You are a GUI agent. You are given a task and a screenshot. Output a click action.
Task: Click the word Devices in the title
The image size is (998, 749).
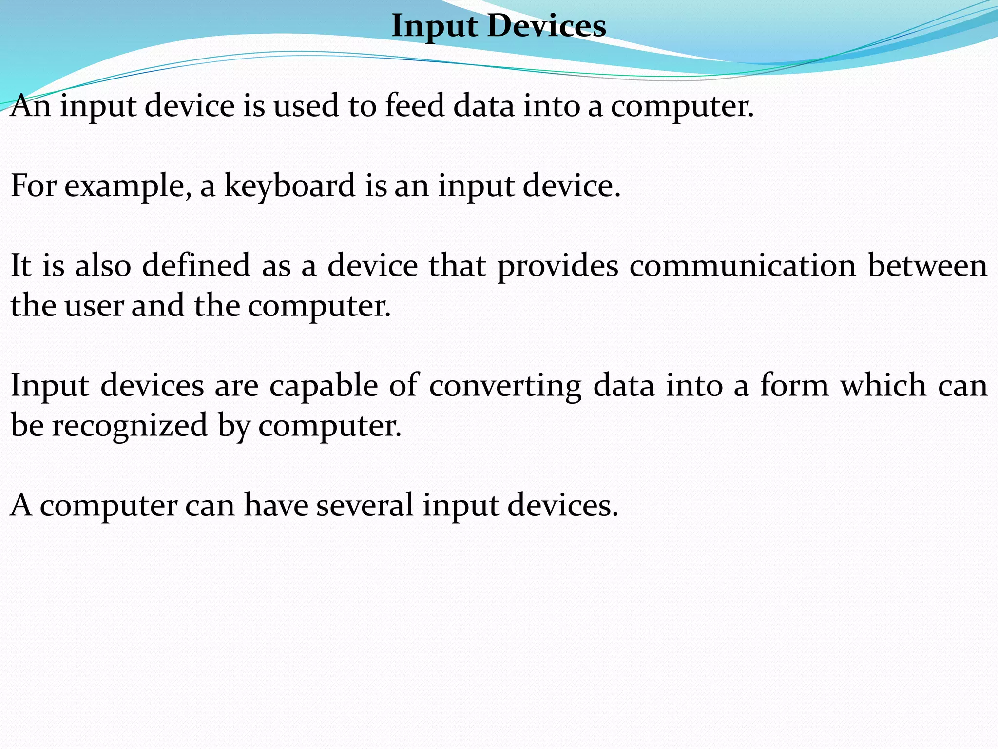pos(546,25)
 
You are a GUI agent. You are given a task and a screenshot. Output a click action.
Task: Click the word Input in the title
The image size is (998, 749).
pos(434,26)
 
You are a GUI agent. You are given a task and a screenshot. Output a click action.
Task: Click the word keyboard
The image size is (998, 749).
pos(290,186)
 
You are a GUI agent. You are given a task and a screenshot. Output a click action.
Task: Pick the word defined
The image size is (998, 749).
pos(196,265)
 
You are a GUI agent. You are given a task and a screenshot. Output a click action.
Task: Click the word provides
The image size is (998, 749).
pos(557,266)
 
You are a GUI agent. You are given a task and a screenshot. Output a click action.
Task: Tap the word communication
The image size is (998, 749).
pos(742,266)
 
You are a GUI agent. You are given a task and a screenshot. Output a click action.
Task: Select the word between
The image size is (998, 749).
pos(927,265)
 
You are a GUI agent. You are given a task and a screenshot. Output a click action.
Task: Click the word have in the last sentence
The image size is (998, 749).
pos(276,505)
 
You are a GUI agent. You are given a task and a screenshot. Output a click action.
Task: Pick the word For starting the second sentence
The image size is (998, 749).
pos(34,186)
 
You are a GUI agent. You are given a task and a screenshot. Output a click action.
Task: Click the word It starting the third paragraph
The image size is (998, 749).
pos(21,265)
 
